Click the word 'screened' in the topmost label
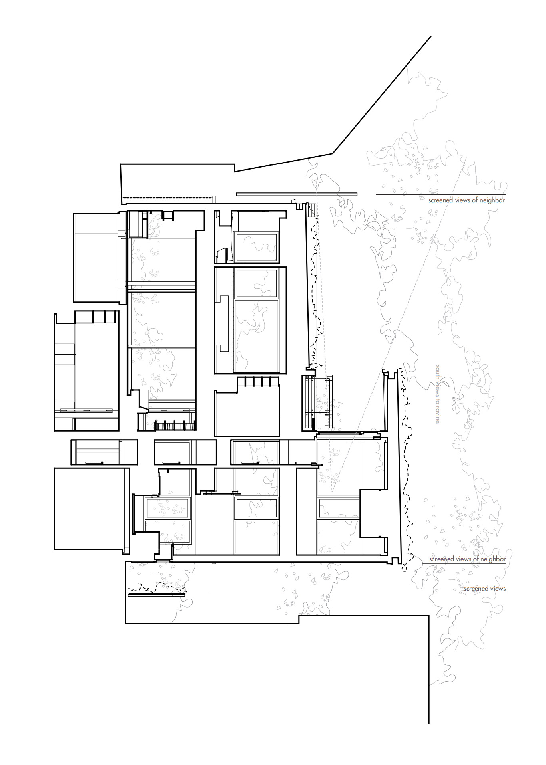pos(441,200)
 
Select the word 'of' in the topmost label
pos(474,200)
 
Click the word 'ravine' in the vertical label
pos(438,415)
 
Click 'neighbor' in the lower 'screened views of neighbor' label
pos(492,559)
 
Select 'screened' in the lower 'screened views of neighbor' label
pos(442,559)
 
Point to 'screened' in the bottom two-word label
pos(476,589)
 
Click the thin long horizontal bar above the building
pos(297,194)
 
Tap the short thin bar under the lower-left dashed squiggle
pos(157,595)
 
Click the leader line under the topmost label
pos(440,195)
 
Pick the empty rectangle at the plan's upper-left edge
pos(96,258)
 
